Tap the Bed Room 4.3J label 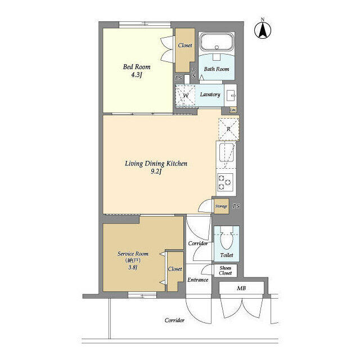(133, 71)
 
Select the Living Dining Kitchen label (155, 168)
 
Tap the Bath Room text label (217, 69)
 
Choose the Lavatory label (210, 94)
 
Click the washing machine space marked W (185, 96)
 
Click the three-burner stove (226, 182)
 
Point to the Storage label (221, 206)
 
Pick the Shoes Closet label (225, 271)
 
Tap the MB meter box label (241, 289)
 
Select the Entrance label (197, 280)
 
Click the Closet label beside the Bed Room (184, 46)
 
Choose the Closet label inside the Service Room (175, 269)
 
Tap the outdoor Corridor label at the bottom (174, 320)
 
